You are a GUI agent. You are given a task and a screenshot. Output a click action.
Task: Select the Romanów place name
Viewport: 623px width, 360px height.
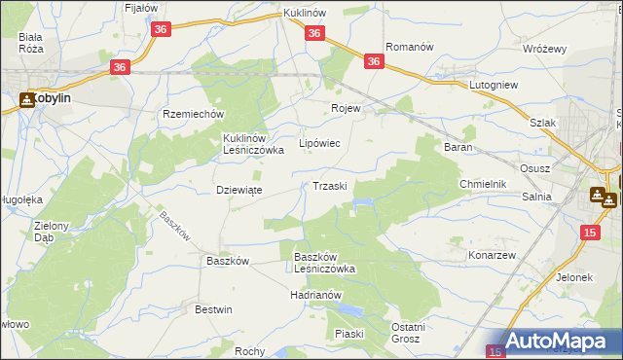coord(409,47)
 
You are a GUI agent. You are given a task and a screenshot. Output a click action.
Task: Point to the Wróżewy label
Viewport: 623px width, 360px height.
coord(544,48)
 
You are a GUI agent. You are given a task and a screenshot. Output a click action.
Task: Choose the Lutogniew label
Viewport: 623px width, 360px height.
coord(495,86)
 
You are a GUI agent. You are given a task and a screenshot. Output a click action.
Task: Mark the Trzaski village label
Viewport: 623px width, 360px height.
coord(330,186)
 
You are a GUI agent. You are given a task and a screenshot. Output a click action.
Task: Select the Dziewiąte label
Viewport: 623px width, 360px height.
coord(238,191)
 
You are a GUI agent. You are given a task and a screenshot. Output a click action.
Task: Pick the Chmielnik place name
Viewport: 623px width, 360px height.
coord(484,184)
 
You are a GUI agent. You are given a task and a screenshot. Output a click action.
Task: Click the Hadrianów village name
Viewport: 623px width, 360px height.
coord(316,294)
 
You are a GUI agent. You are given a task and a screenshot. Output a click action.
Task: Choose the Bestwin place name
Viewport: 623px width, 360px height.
coord(214,309)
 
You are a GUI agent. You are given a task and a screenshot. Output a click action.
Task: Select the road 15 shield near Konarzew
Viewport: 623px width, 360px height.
coord(590,232)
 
